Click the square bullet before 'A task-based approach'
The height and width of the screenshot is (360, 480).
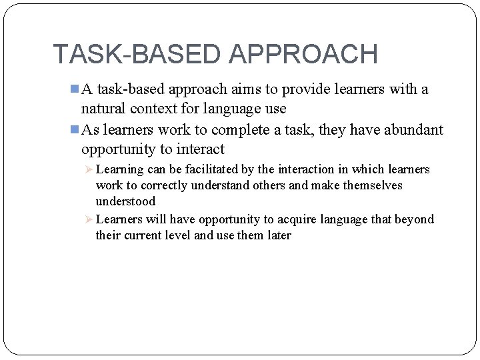pyautogui.click(x=75, y=89)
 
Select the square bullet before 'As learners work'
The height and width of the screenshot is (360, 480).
pyautogui.click(x=75, y=129)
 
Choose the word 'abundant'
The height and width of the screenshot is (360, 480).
pyautogui.click(x=413, y=129)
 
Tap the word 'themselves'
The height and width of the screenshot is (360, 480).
pyautogui.click(x=373, y=185)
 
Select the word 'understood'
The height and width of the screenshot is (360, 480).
pyautogui.click(x=125, y=201)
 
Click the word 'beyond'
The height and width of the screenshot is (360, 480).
pyautogui.click(x=415, y=219)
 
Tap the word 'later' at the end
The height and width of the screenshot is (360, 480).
pyautogui.click(x=279, y=235)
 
